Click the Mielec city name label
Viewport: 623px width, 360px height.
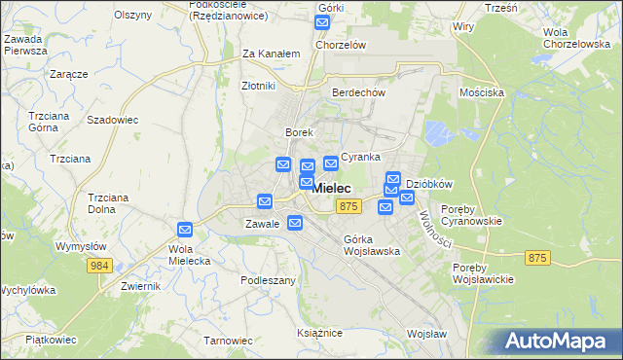point(332,189)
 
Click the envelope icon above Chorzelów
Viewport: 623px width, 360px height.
point(324,22)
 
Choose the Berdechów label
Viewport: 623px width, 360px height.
point(359,92)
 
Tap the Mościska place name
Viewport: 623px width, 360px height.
point(481,92)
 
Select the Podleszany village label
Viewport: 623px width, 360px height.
point(268,279)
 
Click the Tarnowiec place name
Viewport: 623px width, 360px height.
point(228,341)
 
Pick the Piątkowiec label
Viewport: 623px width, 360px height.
point(50,339)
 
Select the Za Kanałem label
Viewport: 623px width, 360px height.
point(270,54)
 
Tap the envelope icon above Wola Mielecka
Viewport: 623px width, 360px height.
point(185,229)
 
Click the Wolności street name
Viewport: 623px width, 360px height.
point(429,227)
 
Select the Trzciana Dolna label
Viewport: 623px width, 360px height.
point(109,202)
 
